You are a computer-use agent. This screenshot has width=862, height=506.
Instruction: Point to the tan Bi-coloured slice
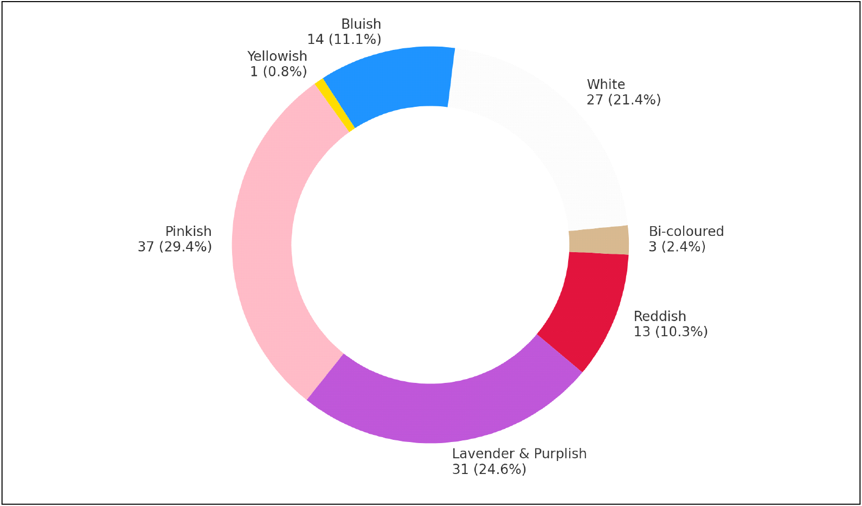click(x=599, y=240)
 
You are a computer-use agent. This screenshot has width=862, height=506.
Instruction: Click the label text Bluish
click(x=361, y=24)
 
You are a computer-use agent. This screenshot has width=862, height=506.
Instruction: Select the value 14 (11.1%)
click(x=344, y=40)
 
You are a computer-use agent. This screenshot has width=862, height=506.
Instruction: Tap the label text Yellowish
click(x=277, y=56)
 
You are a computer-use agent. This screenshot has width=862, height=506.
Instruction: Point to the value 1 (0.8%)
click(x=279, y=72)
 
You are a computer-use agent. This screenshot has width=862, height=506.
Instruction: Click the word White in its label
click(x=606, y=85)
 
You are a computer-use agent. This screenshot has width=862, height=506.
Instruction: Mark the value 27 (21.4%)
click(x=623, y=100)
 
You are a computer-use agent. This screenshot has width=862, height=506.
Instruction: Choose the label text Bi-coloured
click(x=686, y=232)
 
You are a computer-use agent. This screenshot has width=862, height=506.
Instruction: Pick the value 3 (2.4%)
click(x=677, y=247)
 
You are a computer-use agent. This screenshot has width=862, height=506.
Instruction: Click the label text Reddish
click(x=660, y=316)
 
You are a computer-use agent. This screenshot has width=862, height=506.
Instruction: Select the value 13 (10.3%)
click(x=671, y=331)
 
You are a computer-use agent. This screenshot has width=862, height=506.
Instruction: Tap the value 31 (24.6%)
click(x=489, y=469)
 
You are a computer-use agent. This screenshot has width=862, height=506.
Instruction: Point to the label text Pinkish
click(x=188, y=232)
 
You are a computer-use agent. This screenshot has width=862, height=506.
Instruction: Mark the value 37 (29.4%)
click(x=175, y=247)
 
